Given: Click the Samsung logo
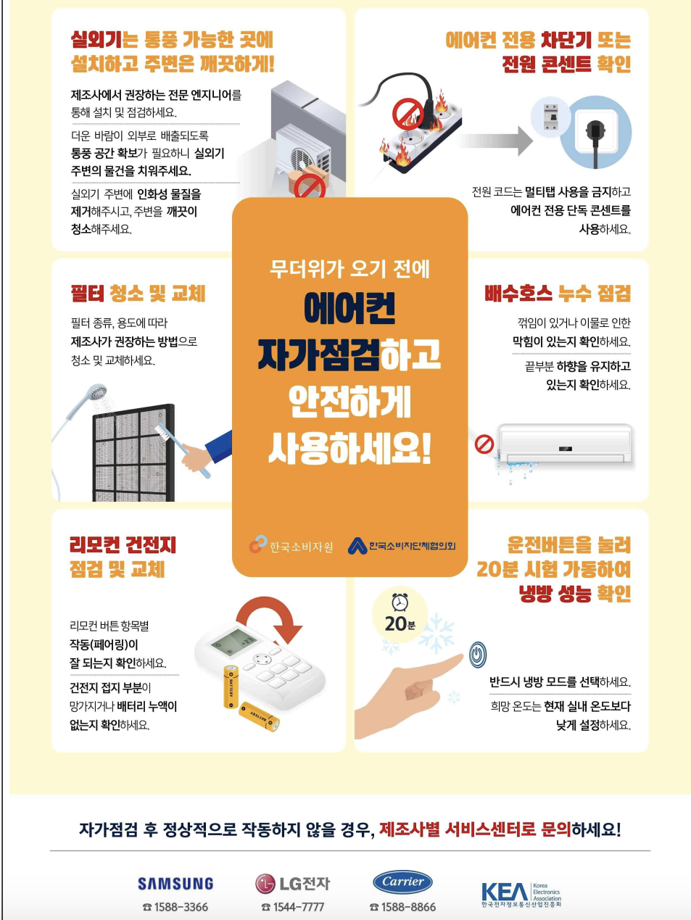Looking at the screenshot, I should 175,883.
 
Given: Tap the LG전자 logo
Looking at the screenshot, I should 292,883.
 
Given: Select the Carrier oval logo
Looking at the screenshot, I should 402,882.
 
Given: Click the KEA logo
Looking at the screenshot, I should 521,893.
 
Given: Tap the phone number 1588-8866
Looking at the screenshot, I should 403,907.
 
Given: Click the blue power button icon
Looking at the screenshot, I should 477,655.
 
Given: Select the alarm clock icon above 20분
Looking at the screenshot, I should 400,602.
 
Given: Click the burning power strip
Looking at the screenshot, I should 421,130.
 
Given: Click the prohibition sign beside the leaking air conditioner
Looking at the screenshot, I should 484,444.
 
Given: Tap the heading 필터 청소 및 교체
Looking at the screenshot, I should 138,294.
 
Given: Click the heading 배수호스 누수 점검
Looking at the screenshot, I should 557,294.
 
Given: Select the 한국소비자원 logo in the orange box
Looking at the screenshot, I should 291,545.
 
